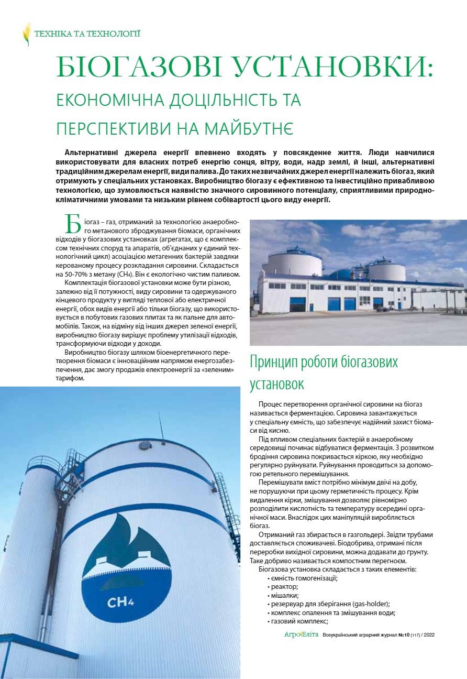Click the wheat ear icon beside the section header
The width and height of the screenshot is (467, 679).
pyautogui.click(x=26, y=34)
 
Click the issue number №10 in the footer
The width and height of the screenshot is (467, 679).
pyautogui.click(x=403, y=635)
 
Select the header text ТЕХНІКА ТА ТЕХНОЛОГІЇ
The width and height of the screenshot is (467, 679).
pyautogui.click(x=87, y=34)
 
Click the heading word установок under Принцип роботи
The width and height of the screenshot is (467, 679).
pyautogui.click(x=277, y=385)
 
